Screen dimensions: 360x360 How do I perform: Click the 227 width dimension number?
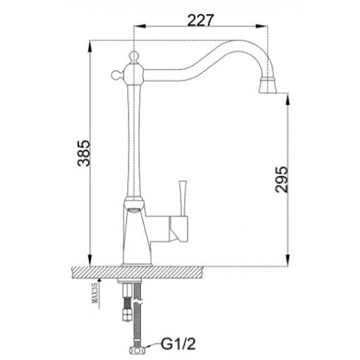[x=200, y=19]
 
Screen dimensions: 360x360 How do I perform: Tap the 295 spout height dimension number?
[x=280, y=179]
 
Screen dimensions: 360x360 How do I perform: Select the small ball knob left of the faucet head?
[x=115, y=75]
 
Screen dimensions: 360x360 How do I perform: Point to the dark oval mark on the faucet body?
[x=134, y=209]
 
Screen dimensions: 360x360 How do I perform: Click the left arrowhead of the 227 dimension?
[x=136, y=26]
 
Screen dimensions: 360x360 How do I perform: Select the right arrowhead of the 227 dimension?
[x=265, y=26]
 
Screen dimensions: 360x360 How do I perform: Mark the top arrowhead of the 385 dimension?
[x=90, y=44]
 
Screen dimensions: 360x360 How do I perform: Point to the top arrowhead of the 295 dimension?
[x=288, y=96]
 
